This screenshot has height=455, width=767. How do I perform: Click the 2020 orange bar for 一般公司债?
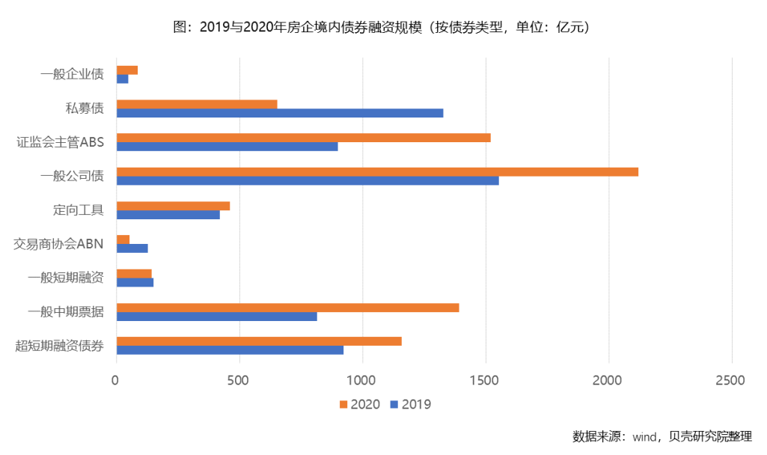[377, 171]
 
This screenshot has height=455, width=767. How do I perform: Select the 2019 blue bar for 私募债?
[280, 113]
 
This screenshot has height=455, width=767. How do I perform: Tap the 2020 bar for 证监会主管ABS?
[303, 138]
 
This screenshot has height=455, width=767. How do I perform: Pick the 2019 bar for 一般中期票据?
[216, 317]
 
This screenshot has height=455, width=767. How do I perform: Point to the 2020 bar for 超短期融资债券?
[259, 341]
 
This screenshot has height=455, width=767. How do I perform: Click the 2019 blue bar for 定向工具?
[168, 215]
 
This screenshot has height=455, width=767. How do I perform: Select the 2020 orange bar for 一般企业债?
[127, 70]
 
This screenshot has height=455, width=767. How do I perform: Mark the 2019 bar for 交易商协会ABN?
[132, 248]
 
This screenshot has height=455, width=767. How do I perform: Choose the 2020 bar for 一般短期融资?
[134, 273]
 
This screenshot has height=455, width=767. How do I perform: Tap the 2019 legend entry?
[410, 404]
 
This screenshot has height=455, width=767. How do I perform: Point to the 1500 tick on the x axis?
[486, 381]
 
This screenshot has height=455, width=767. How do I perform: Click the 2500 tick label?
[730, 381]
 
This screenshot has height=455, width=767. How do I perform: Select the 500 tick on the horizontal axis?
[239, 381]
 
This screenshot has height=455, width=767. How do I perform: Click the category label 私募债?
[85, 108]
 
